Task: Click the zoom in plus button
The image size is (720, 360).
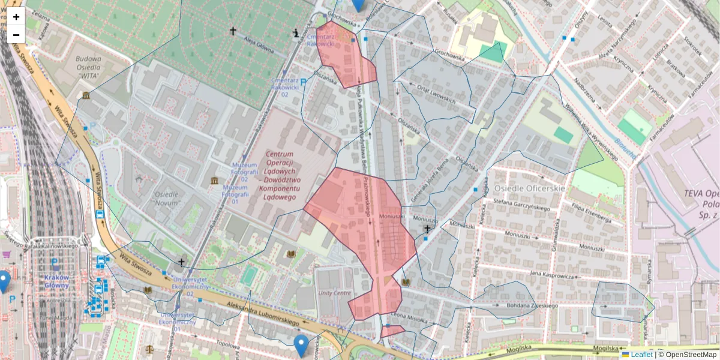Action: pos(16,17)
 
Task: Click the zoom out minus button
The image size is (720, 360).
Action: pos(16,35)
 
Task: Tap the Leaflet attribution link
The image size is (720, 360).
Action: pos(641,355)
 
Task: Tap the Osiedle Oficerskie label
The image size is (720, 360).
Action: pos(530,188)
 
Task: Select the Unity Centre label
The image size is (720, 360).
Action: pos(334,293)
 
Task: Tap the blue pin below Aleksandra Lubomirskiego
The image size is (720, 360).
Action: pos(301,345)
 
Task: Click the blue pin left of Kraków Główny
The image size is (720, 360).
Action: pos(4,281)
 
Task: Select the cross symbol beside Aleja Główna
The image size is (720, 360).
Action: pos(233,31)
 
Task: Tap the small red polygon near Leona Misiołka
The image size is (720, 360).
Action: pos(392,331)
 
